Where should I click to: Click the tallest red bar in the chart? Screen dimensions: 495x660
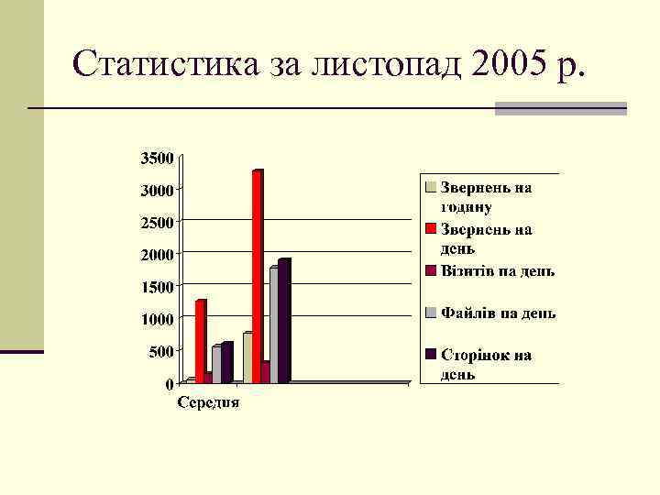258,275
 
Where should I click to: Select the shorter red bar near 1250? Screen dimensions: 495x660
200,339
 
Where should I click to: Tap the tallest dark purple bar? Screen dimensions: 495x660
284,321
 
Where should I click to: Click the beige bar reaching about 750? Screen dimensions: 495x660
247,357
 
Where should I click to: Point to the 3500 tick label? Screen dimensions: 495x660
156,158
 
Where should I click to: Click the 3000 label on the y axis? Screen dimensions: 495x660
156,190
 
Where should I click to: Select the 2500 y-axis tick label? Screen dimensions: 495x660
156,222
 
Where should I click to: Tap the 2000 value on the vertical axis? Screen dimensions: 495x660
156,254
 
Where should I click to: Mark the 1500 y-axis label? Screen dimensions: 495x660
156,286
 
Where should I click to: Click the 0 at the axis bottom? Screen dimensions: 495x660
170,382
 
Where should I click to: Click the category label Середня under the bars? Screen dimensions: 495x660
208,401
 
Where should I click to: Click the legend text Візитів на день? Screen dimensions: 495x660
498,270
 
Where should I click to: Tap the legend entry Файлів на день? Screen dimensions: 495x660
498,313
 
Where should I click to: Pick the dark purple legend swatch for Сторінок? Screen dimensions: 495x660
429,355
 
